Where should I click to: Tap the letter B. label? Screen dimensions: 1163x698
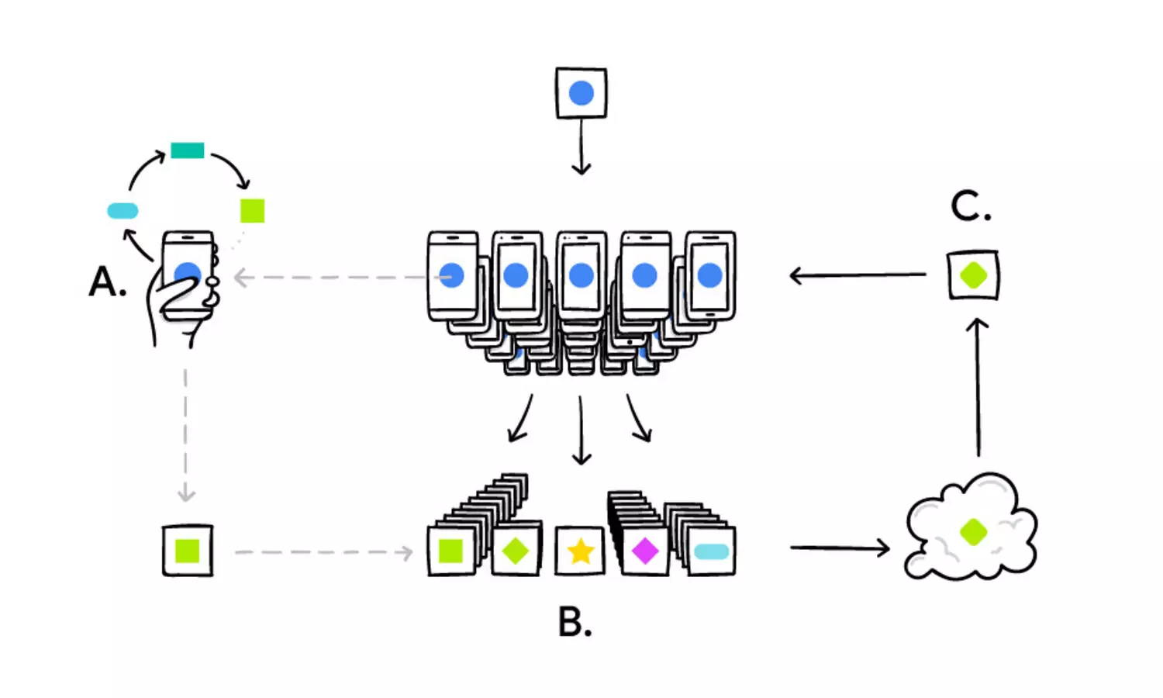pos(575,622)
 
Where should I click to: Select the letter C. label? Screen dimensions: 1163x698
pos(971,206)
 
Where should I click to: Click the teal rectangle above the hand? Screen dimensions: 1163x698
pos(188,150)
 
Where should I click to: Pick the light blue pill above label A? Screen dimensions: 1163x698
pos(123,211)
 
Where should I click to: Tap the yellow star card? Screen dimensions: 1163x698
pos(580,551)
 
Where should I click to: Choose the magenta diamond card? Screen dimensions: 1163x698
pos(645,551)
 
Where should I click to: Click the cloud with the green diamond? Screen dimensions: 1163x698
pos(971,527)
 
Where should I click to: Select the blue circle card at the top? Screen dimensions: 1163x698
pos(581,93)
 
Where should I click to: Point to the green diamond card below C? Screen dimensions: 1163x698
pos(974,275)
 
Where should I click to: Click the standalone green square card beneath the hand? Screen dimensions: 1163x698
pos(188,551)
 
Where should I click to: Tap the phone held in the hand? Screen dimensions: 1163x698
pos(188,275)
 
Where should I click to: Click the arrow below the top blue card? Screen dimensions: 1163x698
pos(581,147)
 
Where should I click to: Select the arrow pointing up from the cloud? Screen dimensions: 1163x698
pos(978,388)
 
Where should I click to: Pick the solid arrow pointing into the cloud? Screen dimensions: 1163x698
pos(840,548)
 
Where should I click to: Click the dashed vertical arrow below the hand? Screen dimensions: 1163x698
pos(186,435)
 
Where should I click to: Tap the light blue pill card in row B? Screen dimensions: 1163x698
pos(711,551)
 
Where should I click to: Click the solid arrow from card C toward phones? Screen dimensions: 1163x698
pos(858,275)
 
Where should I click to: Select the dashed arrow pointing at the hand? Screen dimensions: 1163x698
pos(343,278)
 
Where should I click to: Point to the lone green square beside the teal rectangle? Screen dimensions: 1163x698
pos(252,211)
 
